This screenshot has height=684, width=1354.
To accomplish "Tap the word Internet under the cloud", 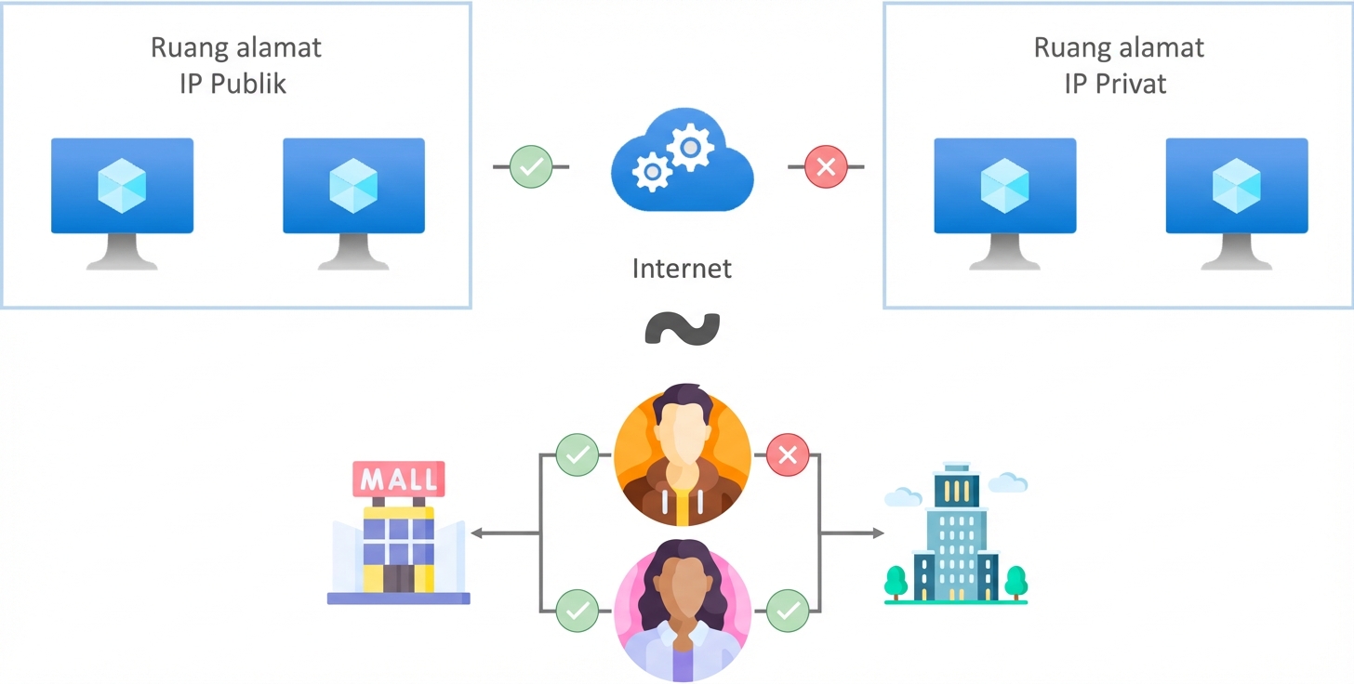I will click(682, 269).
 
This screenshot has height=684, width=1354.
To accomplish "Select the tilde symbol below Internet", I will click(682, 328).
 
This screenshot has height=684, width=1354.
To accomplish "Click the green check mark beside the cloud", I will click(531, 167).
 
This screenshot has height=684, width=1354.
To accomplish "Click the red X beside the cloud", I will click(826, 167).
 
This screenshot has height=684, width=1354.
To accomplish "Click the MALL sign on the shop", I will click(398, 480).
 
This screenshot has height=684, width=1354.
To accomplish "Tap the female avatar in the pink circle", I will click(682, 608).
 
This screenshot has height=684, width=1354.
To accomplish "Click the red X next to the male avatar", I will click(788, 455).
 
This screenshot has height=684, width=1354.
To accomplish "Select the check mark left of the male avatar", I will click(577, 455).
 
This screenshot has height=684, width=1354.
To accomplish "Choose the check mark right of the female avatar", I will click(788, 611).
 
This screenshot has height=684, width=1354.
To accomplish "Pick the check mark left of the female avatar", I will click(577, 611).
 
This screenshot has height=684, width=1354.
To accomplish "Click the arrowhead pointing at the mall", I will click(476, 533).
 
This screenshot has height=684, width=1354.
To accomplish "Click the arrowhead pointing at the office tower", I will click(878, 533).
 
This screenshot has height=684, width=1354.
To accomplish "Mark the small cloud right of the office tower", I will click(1008, 482).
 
